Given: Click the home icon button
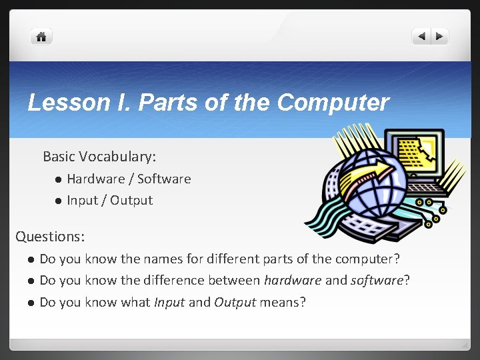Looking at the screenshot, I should coord(41,37).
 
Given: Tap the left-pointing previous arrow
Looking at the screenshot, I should coord(421,37).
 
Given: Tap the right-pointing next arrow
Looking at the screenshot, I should coord(441,37).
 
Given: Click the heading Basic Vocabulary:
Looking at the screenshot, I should coord(99,157).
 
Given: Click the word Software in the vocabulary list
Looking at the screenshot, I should coord(164,179).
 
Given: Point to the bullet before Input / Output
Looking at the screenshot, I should coord(58,201).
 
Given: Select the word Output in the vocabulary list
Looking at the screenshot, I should coord(131,200).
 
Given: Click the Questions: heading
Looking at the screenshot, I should coord(50,236).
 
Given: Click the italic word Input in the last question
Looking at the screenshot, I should coord(169,302).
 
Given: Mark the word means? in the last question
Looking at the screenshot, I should coord(283,302).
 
